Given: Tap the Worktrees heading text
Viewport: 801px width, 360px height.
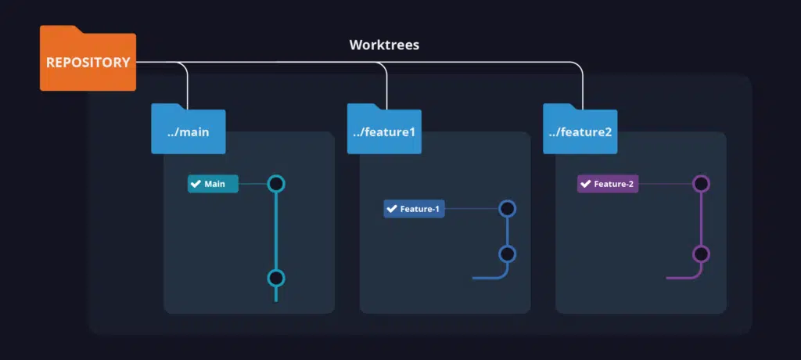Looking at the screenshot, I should click(384, 45).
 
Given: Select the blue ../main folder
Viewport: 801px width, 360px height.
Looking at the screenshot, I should click(188, 129).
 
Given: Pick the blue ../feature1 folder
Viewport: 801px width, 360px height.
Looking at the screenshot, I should click(383, 129).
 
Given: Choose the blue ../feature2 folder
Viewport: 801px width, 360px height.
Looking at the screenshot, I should click(580, 129).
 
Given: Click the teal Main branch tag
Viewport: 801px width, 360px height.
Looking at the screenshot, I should click(213, 184).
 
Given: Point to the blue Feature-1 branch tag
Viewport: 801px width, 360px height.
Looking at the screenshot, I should click(414, 209).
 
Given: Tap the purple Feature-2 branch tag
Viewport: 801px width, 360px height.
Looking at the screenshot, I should click(608, 184).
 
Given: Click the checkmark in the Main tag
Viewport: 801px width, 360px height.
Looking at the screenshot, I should click(196, 184).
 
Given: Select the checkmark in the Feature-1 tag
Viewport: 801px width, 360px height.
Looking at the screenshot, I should click(392, 209).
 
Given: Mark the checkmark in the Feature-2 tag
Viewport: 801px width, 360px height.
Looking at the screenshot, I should click(585, 184).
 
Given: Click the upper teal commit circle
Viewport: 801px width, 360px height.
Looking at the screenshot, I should click(276, 184).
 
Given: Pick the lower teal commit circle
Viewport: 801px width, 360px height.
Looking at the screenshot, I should click(276, 278).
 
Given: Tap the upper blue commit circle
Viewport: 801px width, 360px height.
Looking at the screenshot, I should click(507, 209).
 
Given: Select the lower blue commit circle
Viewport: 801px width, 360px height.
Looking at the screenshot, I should click(507, 254).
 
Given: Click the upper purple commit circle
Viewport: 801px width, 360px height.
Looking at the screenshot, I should click(701, 184).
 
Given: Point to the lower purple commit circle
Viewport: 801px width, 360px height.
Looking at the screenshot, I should click(701, 254).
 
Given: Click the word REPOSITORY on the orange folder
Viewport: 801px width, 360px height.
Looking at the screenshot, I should click(88, 63).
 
